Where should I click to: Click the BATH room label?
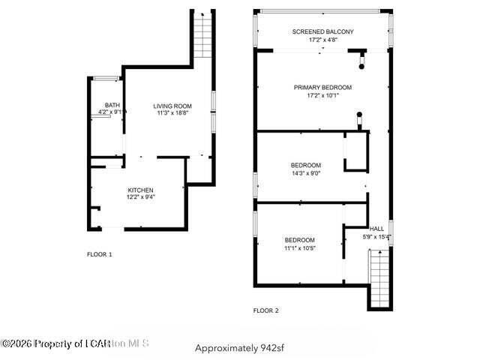pos(112,105)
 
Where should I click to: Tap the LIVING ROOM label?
pos(172,106)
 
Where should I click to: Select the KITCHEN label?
pos(140,190)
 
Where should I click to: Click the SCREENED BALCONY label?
pos(322,31)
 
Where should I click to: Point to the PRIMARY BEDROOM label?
pos(322,87)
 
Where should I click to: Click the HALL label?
pos(376,229)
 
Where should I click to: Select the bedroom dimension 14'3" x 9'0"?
pos(306,173)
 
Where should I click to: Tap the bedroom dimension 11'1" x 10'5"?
pos(299,248)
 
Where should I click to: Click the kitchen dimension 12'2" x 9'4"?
pos(140,198)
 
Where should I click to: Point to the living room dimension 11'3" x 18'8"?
pos(172,113)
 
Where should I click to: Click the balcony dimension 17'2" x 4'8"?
pos(322,39)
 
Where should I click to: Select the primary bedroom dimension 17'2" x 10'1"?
pos(322,95)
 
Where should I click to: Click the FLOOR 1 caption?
pos(100,255)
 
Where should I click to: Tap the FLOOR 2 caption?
pos(265,310)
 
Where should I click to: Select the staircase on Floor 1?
pos(202,35)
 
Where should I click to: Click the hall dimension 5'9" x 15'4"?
pos(376,237)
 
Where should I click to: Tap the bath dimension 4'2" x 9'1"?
pos(111,112)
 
